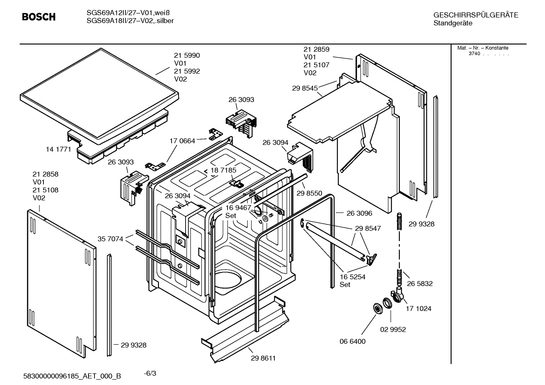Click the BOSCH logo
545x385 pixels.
tap(39, 17)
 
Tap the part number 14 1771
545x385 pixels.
tap(58, 149)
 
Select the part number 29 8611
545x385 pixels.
tap(263, 358)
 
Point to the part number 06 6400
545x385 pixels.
tap(352, 341)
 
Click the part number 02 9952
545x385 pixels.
tap(393, 329)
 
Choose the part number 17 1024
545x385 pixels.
tap(418, 309)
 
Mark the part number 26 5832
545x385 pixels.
tap(420, 283)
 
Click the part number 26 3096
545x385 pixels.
tap(359, 213)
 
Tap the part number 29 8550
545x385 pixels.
tap(309, 193)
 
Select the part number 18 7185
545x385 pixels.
tap(223, 170)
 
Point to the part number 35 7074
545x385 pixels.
tap(110, 239)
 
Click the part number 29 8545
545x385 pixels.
tap(305, 88)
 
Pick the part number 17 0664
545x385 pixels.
tap(182, 141)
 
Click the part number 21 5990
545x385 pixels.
tap(187, 56)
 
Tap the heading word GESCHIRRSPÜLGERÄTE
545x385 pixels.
tap(475, 15)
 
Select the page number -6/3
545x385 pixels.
tap(150, 373)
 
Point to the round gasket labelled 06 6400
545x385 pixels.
tap(378, 308)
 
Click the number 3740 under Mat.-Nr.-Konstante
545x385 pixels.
tap(474, 54)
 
